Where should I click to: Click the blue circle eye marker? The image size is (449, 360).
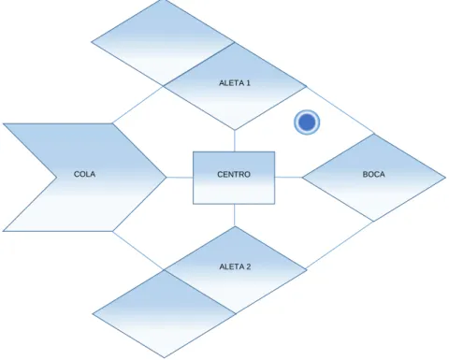pos(307,122)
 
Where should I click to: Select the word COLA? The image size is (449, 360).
pos(84,174)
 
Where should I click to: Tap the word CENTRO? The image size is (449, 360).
pos(234,174)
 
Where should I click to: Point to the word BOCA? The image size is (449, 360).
pos(373,174)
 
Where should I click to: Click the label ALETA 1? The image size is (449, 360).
pos(235,83)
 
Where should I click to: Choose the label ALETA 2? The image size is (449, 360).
pos(235,266)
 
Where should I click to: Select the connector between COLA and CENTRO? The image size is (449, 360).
pos(180,178)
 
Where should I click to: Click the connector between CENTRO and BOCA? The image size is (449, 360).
pos(288,178)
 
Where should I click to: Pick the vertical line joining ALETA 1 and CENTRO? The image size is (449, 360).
pos(235,140)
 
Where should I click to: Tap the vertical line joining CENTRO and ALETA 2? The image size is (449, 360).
pos(235,215)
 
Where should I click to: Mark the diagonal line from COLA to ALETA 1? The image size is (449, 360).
pos(138,105)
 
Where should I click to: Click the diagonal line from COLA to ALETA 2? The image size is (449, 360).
pos(138,251)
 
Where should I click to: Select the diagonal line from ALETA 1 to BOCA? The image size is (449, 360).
pos(340,110)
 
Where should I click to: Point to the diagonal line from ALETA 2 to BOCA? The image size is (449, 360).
pos(340,245)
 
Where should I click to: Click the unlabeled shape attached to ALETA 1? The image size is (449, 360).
pos(163,43)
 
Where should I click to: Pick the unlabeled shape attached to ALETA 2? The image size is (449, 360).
pos(164,313)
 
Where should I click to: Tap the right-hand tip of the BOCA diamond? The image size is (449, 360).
pos(445,178)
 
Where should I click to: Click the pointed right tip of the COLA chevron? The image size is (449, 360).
pos(167,178)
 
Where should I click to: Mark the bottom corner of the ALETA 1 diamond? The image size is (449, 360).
pos(235,130)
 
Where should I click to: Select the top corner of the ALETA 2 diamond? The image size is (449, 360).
pos(235,226)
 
